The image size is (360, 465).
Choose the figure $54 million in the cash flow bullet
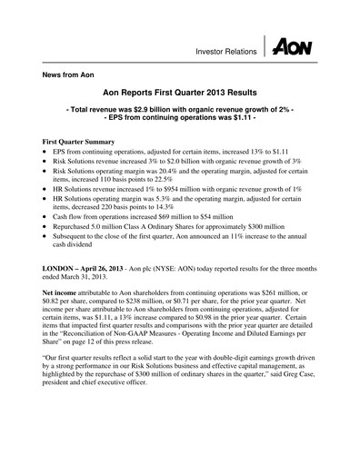pyautogui.click(x=216, y=220)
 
